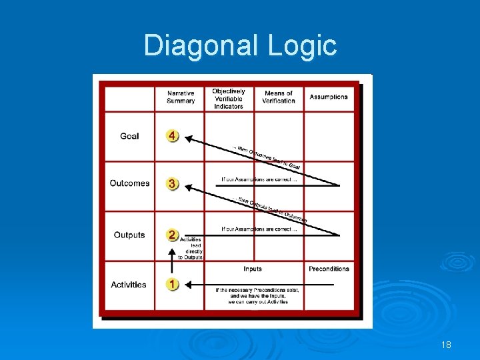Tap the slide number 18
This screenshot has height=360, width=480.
(x=446, y=345)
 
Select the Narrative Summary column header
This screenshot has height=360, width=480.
(x=181, y=97)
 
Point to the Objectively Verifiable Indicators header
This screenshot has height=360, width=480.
(x=229, y=99)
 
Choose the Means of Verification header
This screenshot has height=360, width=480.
(x=279, y=97)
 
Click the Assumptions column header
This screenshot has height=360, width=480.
(x=329, y=97)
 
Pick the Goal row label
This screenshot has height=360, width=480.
(x=129, y=136)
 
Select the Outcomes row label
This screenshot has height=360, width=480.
(x=129, y=183)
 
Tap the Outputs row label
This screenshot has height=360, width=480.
(x=129, y=235)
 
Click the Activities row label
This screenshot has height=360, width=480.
(x=129, y=285)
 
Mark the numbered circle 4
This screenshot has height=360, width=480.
(x=173, y=136)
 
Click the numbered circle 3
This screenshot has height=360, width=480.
(x=173, y=183)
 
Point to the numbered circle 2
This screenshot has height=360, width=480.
(x=173, y=235)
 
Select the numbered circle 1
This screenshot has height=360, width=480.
(x=173, y=284)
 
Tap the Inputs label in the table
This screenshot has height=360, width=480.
(x=253, y=269)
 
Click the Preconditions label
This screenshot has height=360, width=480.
(x=329, y=269)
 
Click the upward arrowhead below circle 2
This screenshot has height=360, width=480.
(x=173, y=253)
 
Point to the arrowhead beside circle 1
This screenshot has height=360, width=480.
(x=187, y=285)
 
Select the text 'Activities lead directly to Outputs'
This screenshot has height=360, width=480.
(x=191, y=248)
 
